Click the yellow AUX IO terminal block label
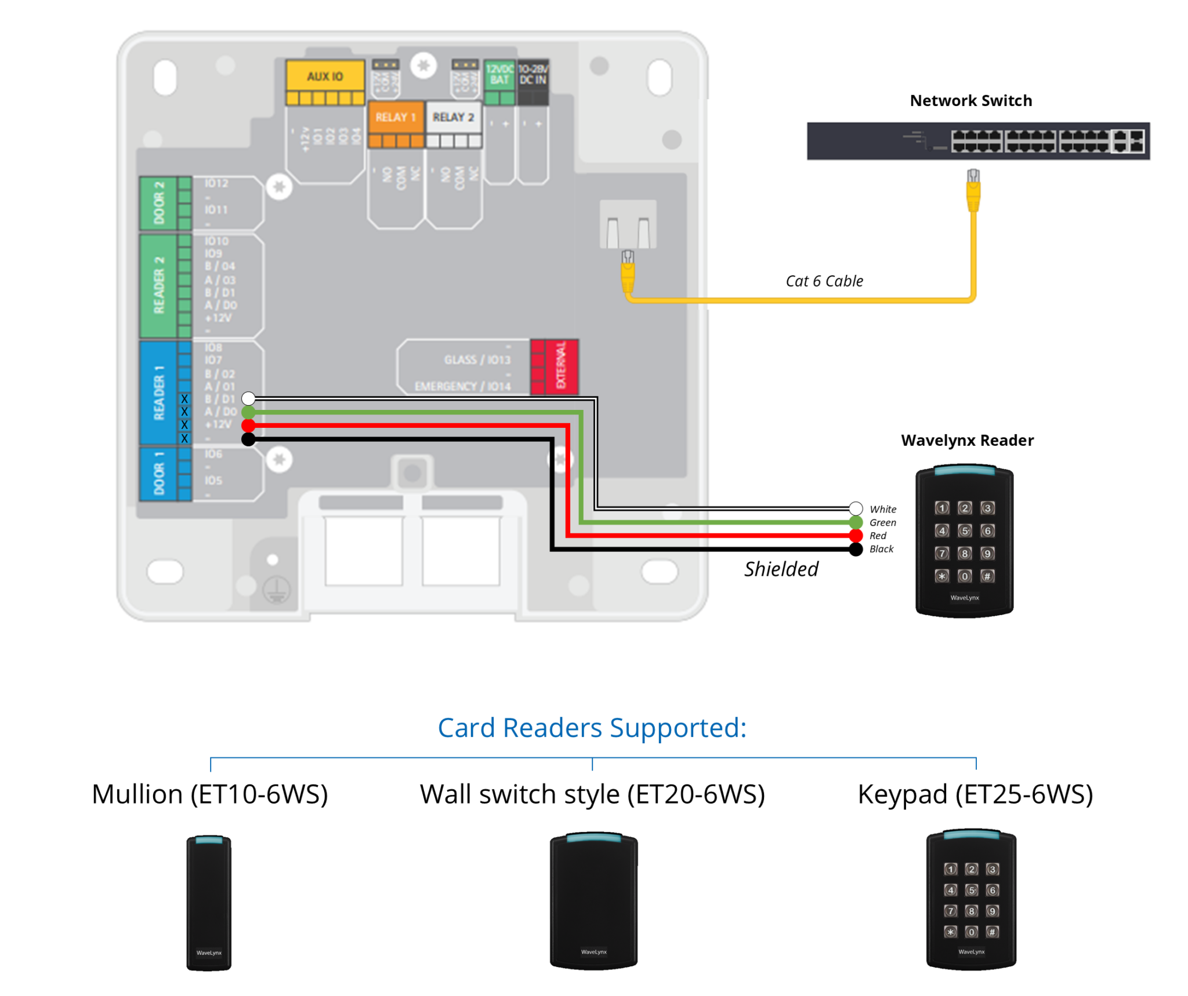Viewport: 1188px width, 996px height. [325, 77]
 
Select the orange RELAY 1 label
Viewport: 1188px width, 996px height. [396, 117]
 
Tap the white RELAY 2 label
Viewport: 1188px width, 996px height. [453, 117]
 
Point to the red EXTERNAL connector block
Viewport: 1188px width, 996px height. [555, 366]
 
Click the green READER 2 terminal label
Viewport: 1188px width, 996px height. [158, 285]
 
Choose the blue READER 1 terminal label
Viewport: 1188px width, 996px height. [158, 392]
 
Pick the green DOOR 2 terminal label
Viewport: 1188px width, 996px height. [158, 203]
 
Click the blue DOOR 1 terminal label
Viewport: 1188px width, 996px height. [158, 473]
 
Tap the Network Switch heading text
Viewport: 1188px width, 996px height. [970, 100]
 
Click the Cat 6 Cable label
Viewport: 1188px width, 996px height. [824, 281]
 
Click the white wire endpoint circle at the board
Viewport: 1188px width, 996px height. [248, 398]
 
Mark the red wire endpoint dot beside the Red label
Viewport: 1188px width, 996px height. [855, 535]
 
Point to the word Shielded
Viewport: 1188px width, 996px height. [781, 569]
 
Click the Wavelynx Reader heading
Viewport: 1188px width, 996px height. [967, 440]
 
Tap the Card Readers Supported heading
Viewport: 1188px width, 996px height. [592, 728]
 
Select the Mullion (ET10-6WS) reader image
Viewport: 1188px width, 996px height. [209, 902]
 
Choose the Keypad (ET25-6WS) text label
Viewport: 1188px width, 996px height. [975, 794]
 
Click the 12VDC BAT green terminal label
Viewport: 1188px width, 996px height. [499, 75]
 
